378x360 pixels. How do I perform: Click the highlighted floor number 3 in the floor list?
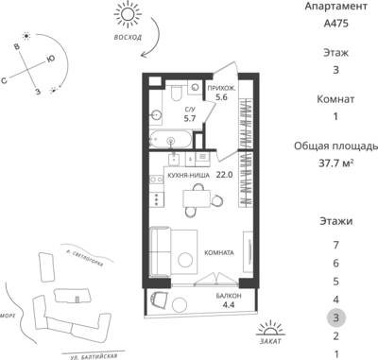(335, 317)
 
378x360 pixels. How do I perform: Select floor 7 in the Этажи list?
(335, 245)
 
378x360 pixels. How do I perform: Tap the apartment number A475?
(335, 24)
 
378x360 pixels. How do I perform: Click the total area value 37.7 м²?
(335, 163)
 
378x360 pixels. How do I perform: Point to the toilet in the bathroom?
(177, 93)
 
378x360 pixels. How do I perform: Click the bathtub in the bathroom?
(170, 140)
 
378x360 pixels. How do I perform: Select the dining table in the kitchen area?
(197, 198)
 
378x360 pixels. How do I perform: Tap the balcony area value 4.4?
(228, 305)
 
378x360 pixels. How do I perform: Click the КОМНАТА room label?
(219, 252)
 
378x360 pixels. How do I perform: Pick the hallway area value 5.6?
(221, 97)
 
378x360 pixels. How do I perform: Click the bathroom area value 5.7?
(190, 118)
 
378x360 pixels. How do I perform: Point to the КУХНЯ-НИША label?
(188, 175)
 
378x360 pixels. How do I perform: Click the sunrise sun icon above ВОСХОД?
(128, 14)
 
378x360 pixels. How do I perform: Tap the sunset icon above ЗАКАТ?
(270, 329)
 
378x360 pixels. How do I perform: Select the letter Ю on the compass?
(50, 59)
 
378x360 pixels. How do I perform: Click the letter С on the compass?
(4, 81)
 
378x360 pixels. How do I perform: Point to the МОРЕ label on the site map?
(8, 316)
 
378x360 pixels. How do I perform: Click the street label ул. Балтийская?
(94, 356)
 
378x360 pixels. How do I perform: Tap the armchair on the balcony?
(159, 300)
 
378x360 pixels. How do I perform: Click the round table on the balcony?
(180, 304)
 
